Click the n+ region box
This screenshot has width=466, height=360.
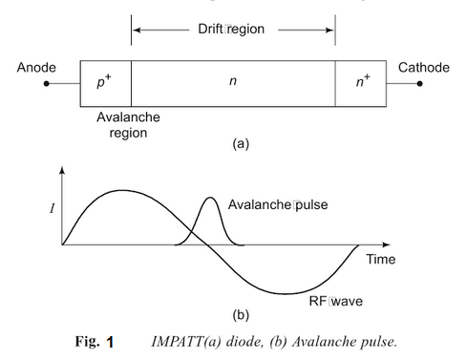point(360,83)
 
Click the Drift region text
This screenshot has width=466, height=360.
point(232,30)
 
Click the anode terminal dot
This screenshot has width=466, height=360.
point(46,84)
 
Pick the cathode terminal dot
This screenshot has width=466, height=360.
point(418,84)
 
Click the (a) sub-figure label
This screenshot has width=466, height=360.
point(233,144)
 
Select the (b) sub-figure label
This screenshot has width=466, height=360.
point(233,312)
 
